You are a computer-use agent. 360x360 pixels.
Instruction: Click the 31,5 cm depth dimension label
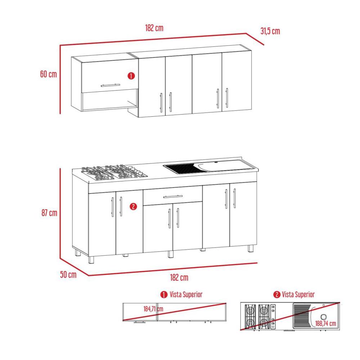tap(270, 31)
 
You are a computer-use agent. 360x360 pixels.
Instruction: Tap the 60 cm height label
tap(49, 74)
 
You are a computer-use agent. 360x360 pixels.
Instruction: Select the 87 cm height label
tap(49, 213)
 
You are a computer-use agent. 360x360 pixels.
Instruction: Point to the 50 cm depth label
tap(68, 275)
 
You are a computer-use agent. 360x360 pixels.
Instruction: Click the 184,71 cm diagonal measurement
tap(153, 309)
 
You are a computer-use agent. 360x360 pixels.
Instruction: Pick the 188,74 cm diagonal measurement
tap(325, 324)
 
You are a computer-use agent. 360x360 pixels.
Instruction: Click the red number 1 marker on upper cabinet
tap(131, 76)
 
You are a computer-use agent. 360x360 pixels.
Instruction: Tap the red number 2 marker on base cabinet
tap(134, 206)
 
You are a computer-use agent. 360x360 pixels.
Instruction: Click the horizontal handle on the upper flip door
tap(111, 85)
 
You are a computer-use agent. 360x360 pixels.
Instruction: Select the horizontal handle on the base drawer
tap(173, 197)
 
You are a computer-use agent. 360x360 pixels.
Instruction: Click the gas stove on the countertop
tap(114, 172)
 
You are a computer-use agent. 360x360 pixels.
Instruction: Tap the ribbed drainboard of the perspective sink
tap(183, 168)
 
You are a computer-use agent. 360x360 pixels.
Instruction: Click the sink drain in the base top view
tap(324, 317)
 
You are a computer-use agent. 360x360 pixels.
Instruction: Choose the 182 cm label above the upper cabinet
tap(154, 28)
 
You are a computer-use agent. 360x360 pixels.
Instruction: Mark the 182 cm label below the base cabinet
tap(179, 277)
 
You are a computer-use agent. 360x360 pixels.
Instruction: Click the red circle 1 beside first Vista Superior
tap(164, 294)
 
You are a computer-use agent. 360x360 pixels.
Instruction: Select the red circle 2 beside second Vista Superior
tap(277, 294)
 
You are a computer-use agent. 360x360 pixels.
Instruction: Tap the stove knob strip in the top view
tap(273, 317)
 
